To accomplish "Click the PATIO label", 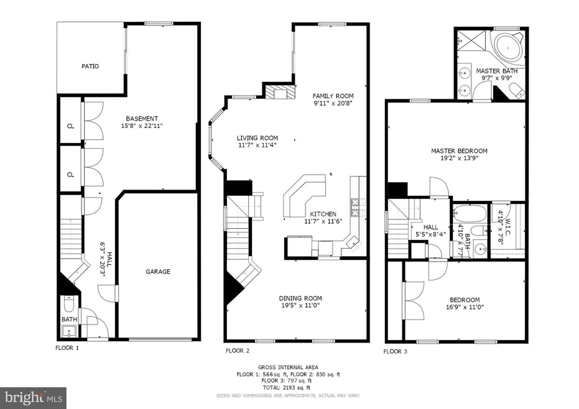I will [x=90, y=66].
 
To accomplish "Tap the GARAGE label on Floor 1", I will [x=158, y=272].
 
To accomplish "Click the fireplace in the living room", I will [x=279, y=93].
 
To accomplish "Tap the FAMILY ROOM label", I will [x=333, y=96].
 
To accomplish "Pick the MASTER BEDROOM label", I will [x=460, y=151].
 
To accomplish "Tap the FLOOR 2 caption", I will [x=238, y=351].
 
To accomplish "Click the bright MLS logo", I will [x=34, y=395].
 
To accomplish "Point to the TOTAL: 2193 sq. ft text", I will [x=289, y=387].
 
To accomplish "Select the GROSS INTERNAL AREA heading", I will [x=289, y=367].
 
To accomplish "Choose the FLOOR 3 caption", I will [x=396, y=351].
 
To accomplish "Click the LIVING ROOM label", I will [x=257, y=138].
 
